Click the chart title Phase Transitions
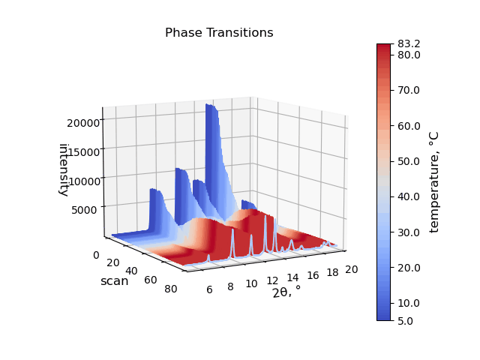click(219, 33)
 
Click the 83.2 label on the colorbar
click(409, 44)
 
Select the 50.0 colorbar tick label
click(409, 161)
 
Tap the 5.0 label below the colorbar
click(405, 321)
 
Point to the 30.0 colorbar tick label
click(409, 232)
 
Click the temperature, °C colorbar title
click(433, 182)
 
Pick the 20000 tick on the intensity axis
click(83, 123)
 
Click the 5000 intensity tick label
click(84, 210)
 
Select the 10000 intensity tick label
click(83, 181)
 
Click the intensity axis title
click(63, 170)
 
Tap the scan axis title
click(115, 281)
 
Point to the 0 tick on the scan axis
click(96, 255)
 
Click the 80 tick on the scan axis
click(170, 289)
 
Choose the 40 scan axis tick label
click(131, 271)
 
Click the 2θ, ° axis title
click(286, 292)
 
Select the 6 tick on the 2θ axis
click(209, 289)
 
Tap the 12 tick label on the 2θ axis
click(272, 280)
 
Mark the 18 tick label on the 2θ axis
click(332, 272)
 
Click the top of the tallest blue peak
click(211, 105)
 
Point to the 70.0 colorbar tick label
click(409, 90)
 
